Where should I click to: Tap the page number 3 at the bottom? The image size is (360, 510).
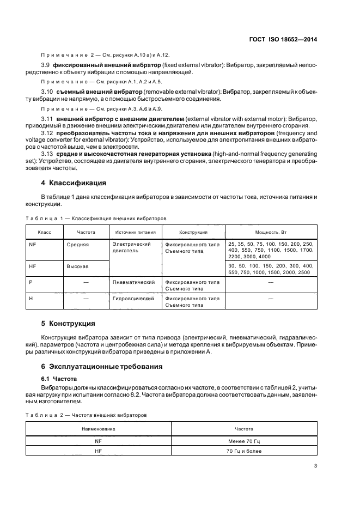click(315, 465)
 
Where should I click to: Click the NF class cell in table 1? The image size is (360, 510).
click(32, 245)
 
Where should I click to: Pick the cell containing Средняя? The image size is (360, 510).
click(78, 245)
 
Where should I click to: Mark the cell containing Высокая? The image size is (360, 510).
click(78, 266)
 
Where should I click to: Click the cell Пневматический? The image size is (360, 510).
click(134, 282)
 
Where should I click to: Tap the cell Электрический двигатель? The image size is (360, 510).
click(131, 248)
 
